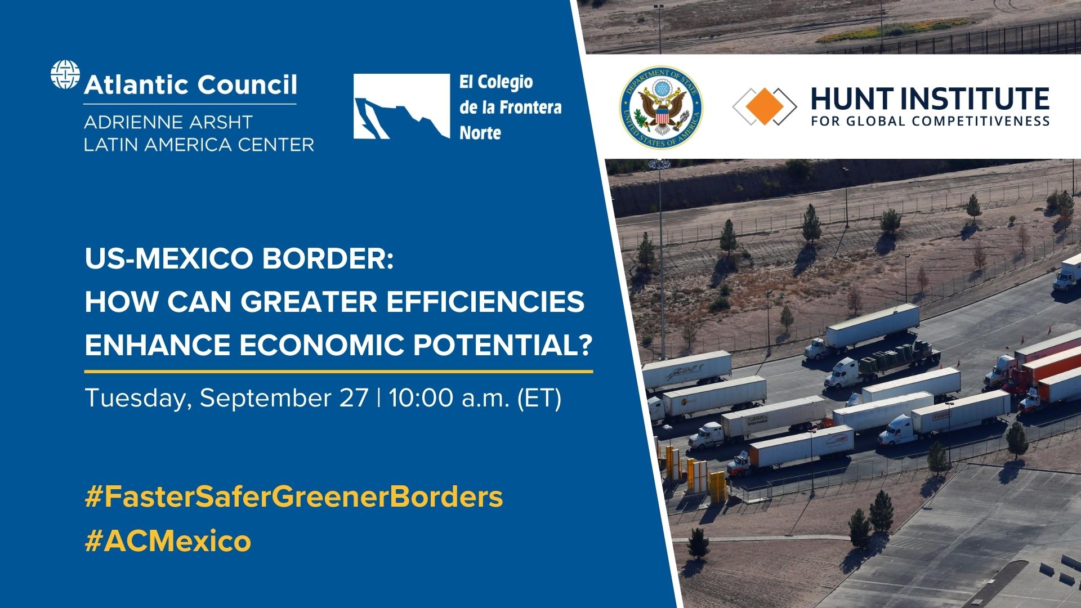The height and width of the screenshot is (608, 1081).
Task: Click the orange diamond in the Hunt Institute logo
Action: pos(764,106)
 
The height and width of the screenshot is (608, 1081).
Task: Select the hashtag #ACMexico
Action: pos(168,541)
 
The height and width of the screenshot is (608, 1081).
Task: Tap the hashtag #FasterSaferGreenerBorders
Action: pos(293,497)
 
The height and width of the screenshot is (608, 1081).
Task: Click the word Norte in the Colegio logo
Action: pos(480,133)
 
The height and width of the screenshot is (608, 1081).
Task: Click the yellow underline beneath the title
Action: pos(338,372)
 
